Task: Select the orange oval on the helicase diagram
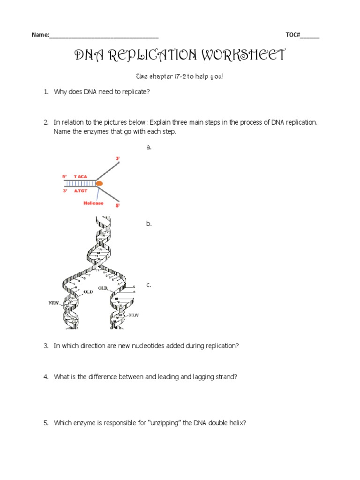point(99,183)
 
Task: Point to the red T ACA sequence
point(79,176)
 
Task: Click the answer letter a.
point(149,147)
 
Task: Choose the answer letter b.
point(149,224)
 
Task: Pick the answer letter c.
point(149,285)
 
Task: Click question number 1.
point(46,92)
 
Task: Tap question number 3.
point(46,345)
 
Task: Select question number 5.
point(46,423)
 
